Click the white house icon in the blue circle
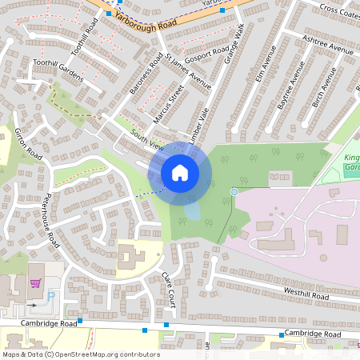[x=180, y=173]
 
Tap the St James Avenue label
[x=189, y=72]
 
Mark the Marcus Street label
[x=168, y=105]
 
